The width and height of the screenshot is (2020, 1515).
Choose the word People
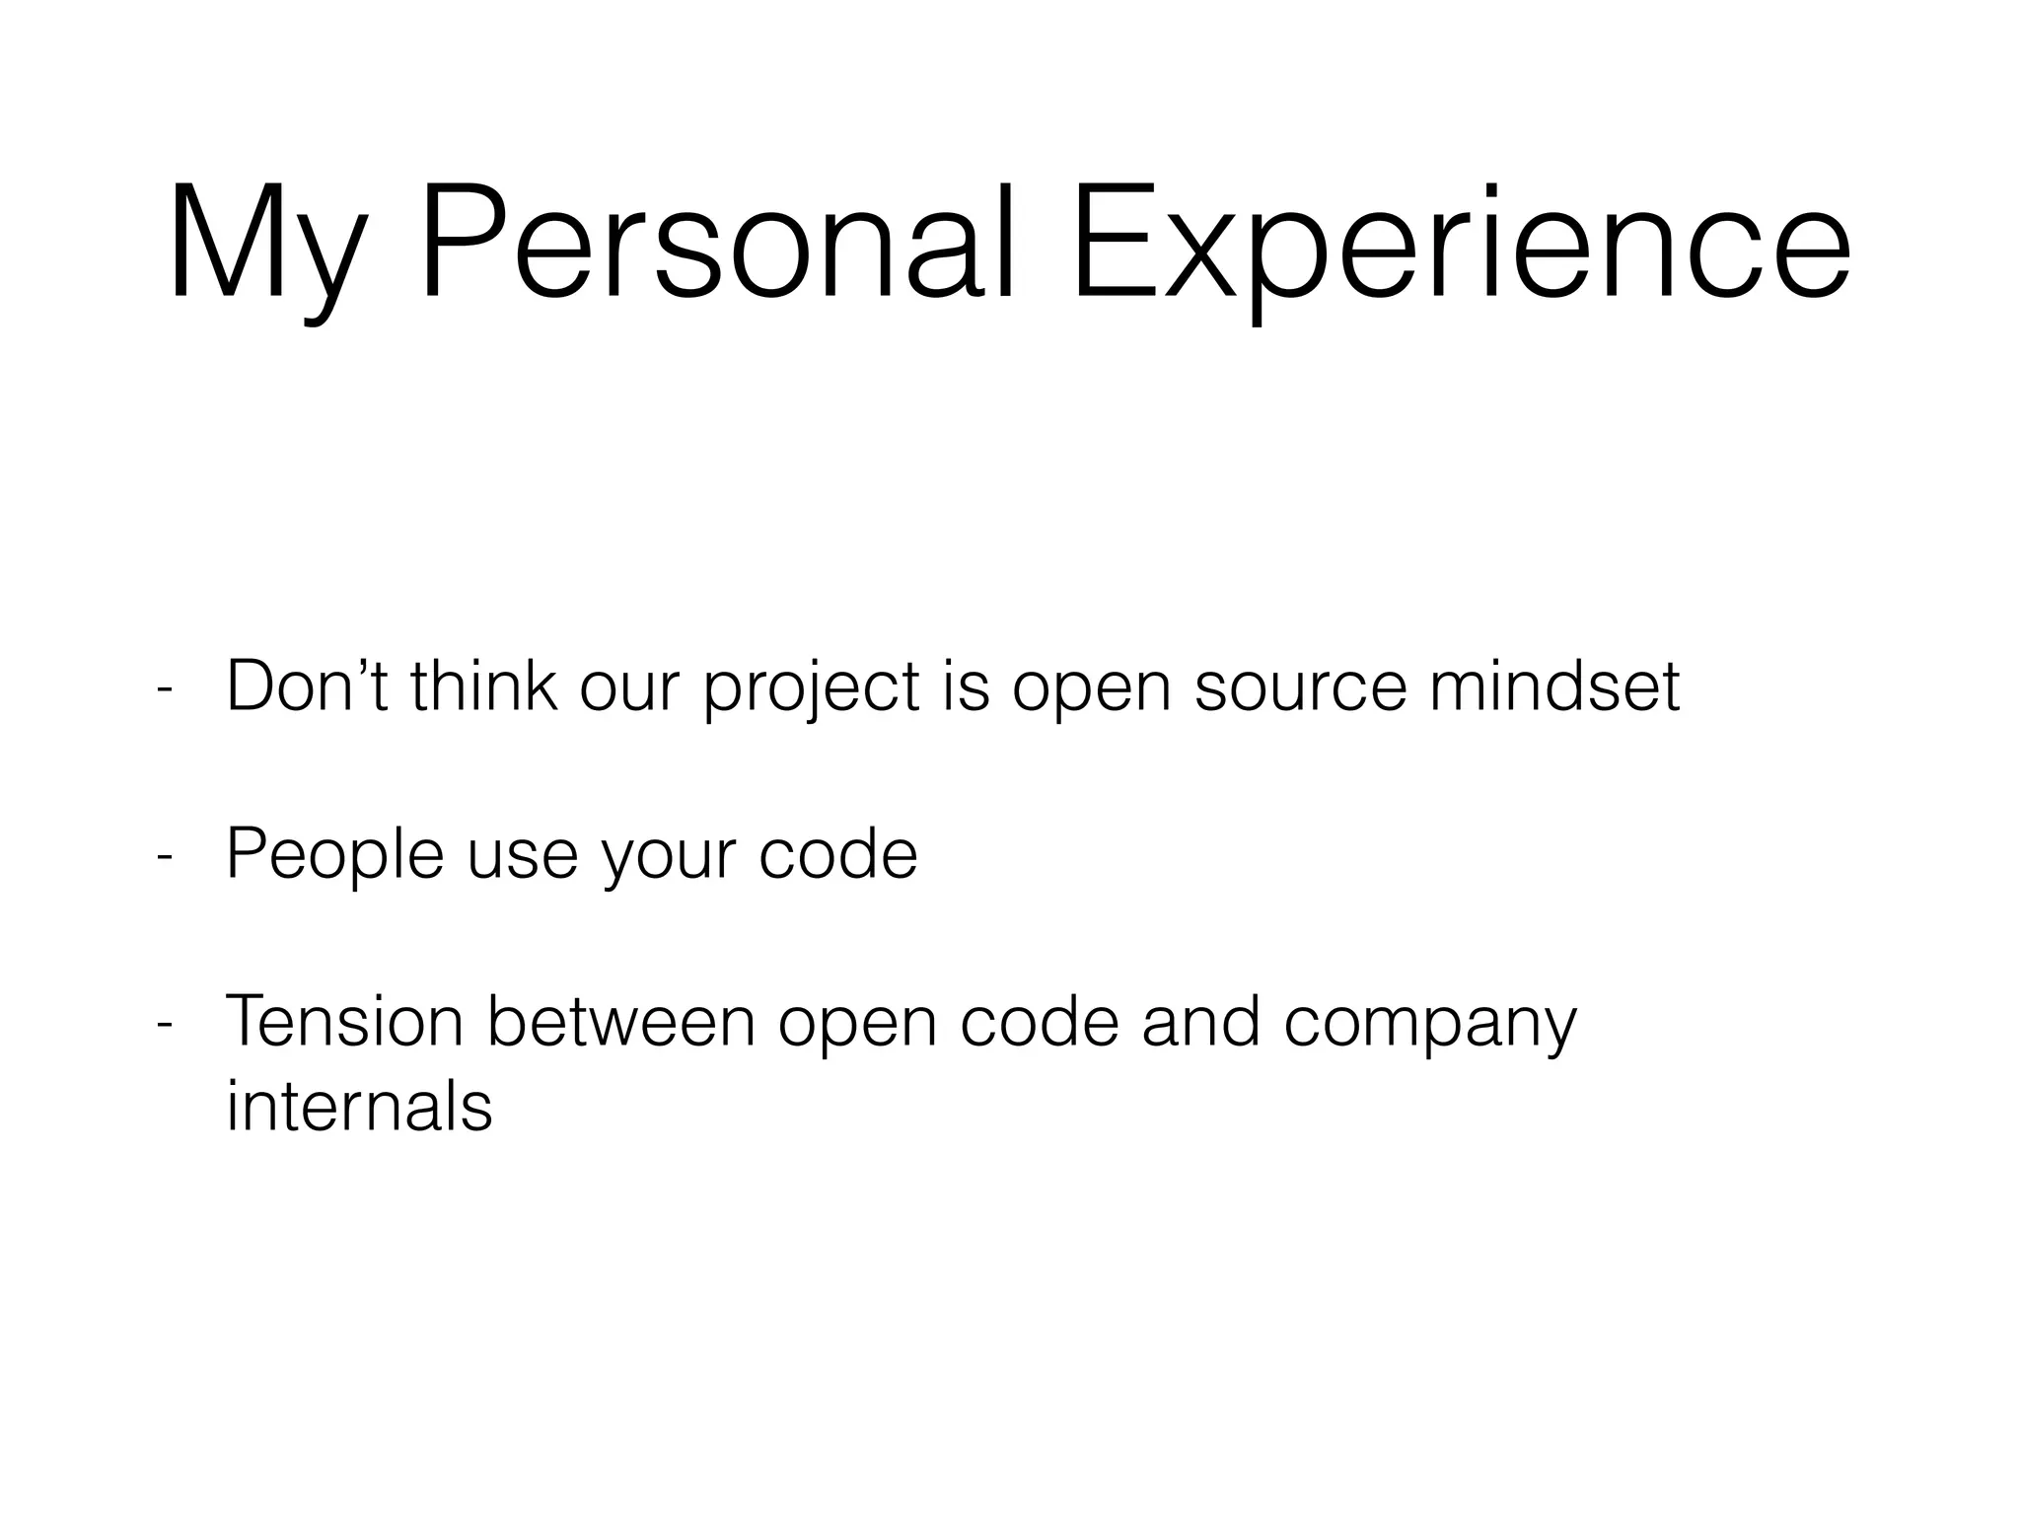click(335, 854)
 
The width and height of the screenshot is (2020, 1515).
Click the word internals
click(359, 1107)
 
